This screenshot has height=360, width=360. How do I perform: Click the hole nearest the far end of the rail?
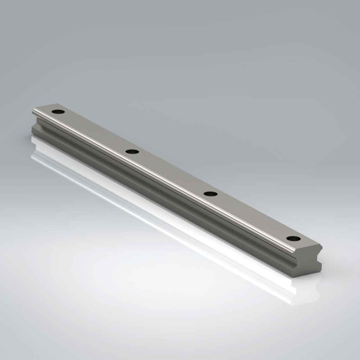(58, 112)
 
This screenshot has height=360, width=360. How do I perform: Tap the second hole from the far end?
(132, 152)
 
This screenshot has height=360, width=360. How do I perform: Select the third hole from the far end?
(210, 194)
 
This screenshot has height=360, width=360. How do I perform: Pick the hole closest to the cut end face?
(293, 238)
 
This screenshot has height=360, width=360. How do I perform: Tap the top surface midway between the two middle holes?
(171, 173)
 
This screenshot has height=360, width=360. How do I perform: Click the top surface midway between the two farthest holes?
(95, 132)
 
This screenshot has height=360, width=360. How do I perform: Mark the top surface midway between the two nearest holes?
(252, 216)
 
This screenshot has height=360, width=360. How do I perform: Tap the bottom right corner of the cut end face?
(321, 270)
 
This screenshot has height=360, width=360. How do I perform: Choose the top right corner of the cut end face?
(321, 245)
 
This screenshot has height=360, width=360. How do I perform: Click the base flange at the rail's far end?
(34, 130)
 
